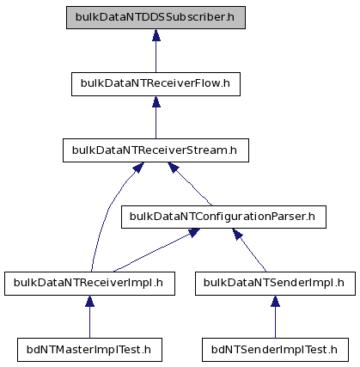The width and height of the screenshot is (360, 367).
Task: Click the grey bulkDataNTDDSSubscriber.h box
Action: pyautogui.click(x=156, y=17)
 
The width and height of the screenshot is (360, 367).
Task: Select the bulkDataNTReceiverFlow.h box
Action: pyautogui.click(x=156, y=84)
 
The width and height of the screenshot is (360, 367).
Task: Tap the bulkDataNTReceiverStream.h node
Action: pyautogui.click(x=156, y=150)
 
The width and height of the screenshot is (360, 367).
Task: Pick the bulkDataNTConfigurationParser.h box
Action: pyautogui.click(x=223, y=217)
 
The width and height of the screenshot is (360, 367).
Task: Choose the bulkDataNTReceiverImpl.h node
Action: pyautogui.click(x=89, y=284)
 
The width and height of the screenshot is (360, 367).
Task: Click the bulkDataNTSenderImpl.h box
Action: pyautogui.click(x=275, y=284)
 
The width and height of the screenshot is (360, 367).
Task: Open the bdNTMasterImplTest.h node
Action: pyautogui.click(x=89, y=350)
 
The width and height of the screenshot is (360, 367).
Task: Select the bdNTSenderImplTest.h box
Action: pyautogui.click(x=275, y=350)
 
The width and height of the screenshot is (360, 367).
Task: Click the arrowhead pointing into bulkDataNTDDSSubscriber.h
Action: pyautogui.click(x=156, y=34)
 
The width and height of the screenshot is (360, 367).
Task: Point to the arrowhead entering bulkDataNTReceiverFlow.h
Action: pyautogui.click(x=156, y=101)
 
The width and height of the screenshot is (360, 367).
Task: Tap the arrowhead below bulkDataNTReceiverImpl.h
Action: pyautogui.click(x=89, y=301)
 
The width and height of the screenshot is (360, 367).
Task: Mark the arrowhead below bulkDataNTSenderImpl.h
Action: pyautogui.click(x=275, y=301)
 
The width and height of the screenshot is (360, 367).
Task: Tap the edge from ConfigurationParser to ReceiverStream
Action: pyautogui.click(x=189, y=183)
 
